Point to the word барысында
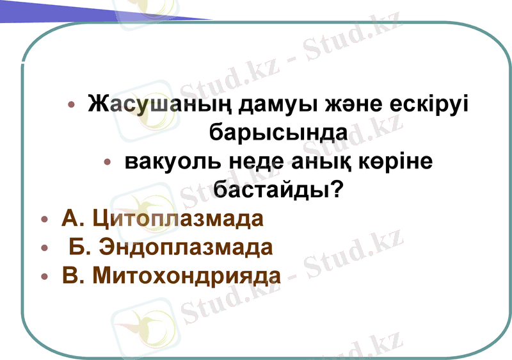pyautogui.click(x=279, y=133)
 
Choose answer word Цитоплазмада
pyautogui.click(x=178, y=218)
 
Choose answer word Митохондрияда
pyautogui.click(x=187, y=275)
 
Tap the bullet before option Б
pyautogui.click(x=44, y=248)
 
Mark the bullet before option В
pyautogui.click(x=44, y=276)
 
